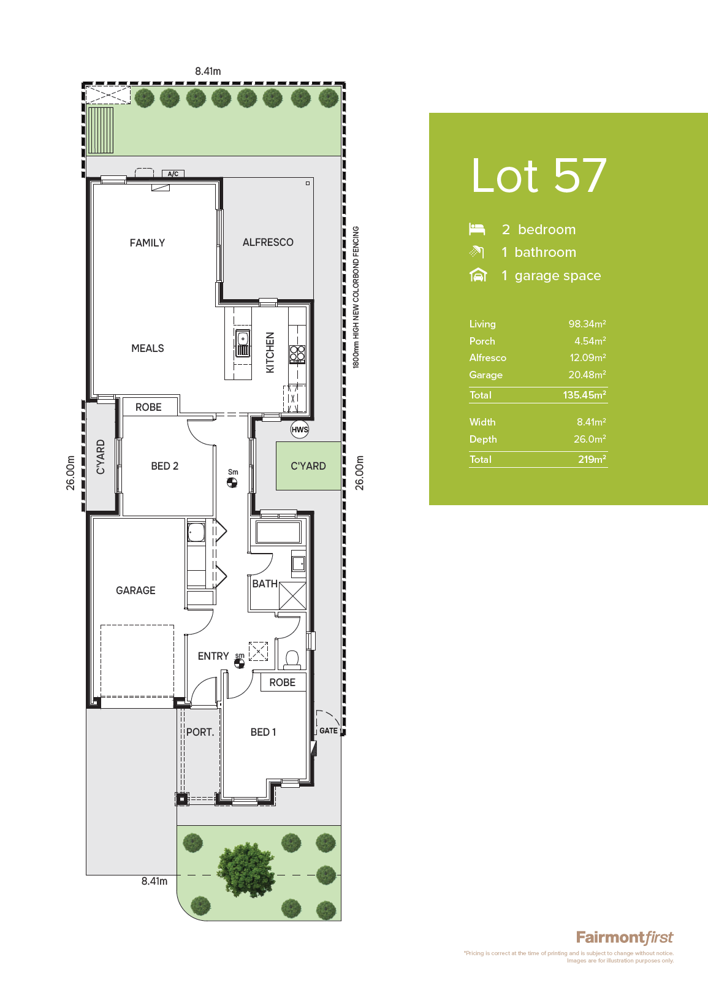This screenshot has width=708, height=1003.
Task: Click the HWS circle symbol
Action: (300, 429)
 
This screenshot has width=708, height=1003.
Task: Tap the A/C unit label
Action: (173, 174)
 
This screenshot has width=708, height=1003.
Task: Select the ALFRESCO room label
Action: (268, 242)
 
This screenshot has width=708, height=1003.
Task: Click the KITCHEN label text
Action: (270, 353)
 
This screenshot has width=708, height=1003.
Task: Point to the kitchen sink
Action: (243, 343)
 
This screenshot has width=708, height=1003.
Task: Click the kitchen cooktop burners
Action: (297, 354)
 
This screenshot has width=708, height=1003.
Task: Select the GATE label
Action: (328, 730)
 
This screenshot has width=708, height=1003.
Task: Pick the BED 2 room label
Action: (165, 466)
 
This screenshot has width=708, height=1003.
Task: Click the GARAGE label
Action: (135, 590)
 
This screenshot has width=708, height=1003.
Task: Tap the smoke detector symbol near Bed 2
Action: (232, 482)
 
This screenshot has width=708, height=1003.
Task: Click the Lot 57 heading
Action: (539, 175)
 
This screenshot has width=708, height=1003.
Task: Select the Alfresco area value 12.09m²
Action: (588, 357)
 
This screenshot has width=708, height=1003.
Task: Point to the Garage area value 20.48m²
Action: (587, 375)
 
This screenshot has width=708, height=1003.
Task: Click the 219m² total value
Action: (592, 459)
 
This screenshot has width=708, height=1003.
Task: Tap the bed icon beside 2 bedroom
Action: (477, 229)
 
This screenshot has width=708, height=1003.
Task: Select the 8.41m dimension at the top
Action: (208, 71)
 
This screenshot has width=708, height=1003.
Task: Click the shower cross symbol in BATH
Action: (292, 595)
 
